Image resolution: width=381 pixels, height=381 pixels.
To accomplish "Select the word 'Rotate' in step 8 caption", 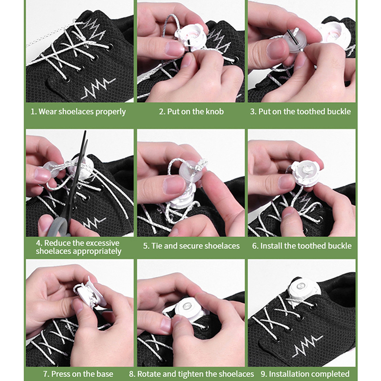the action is click(x=149, y=374).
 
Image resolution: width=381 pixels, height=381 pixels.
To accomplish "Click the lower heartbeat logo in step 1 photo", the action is click(x=98, y=88).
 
